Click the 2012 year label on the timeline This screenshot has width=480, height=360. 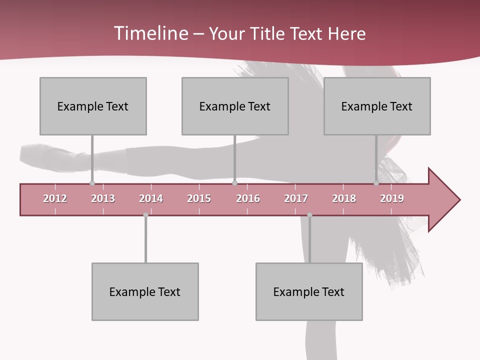(x=55, y=198)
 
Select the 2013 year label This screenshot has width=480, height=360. (x=103, y=198)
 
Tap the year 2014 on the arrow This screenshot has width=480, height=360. (x=151, y=198)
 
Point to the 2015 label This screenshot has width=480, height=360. (x=199, y=198)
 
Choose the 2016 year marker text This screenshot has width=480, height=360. (x=248, y=198)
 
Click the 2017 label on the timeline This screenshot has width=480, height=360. (x=296, y=198)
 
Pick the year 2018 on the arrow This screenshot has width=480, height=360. (x=344, y=198)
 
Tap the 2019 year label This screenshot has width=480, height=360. (x=392, y=198)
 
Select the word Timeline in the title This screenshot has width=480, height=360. (x=150, y=33)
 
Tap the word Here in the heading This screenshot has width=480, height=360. (x=347, y=33)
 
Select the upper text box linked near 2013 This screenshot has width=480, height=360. (x=93, y=106)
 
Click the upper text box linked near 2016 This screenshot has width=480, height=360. (x=235, y=106)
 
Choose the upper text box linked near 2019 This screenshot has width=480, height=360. (x=377, y=106)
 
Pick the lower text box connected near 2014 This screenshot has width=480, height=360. (x=145, y=291)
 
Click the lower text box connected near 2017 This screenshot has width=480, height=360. (x=309, y=291)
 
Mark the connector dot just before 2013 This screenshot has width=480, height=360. (x=92, y=183)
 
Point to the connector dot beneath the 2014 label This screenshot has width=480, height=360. (x=145, y=215)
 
